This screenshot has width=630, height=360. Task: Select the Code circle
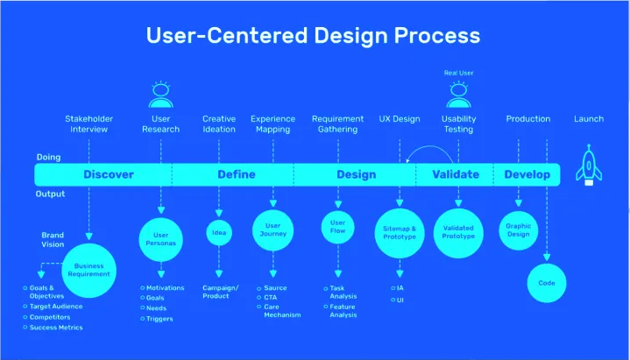[547, 283]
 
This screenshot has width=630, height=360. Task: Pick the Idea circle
[219, 232]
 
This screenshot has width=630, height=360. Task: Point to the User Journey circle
[273, 230]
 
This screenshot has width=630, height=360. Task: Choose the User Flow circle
[337, 228]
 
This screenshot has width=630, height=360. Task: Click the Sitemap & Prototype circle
[400, 232]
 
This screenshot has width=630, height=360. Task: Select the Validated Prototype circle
[458, 232]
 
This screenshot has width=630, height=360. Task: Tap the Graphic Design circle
[519, 229]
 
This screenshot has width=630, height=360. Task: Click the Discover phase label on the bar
[109, 174]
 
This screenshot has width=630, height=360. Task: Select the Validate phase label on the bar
[457, 174]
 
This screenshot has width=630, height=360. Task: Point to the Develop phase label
[527, 174]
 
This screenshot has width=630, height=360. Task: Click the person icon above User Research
[161, 94]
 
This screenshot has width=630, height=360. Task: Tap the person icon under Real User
[458, 93]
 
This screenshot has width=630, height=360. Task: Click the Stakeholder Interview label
[88, 124]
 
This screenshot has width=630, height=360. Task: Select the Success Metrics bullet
[55, 328]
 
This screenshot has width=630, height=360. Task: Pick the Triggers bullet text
[159, 319]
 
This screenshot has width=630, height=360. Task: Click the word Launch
[589, 119]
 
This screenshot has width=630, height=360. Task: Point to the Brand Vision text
[53, 240]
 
